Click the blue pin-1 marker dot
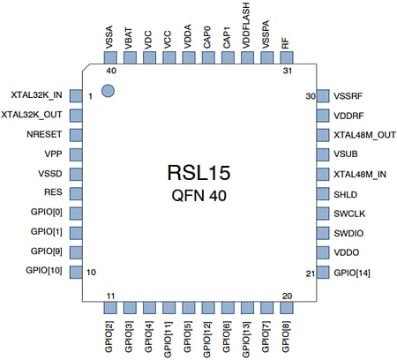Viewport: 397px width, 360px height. click(x=108, y=90)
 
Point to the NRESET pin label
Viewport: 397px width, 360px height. click(x=45, y=135)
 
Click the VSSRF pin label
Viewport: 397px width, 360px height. click(x=349, y=95)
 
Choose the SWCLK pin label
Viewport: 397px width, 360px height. click(x=350, y=214)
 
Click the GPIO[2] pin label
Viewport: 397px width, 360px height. click(x=110, y=338)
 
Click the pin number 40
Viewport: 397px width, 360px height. click(x=111, y=70)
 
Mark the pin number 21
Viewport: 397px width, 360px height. click(x=310, y=274)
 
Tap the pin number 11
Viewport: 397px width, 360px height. click(x=111, y=296)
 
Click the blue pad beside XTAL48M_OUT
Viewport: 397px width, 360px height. click(x=321, y=135)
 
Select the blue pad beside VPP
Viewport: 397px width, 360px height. click(x=75, y=154)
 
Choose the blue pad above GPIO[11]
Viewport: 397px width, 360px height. click(x=168, y=308)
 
